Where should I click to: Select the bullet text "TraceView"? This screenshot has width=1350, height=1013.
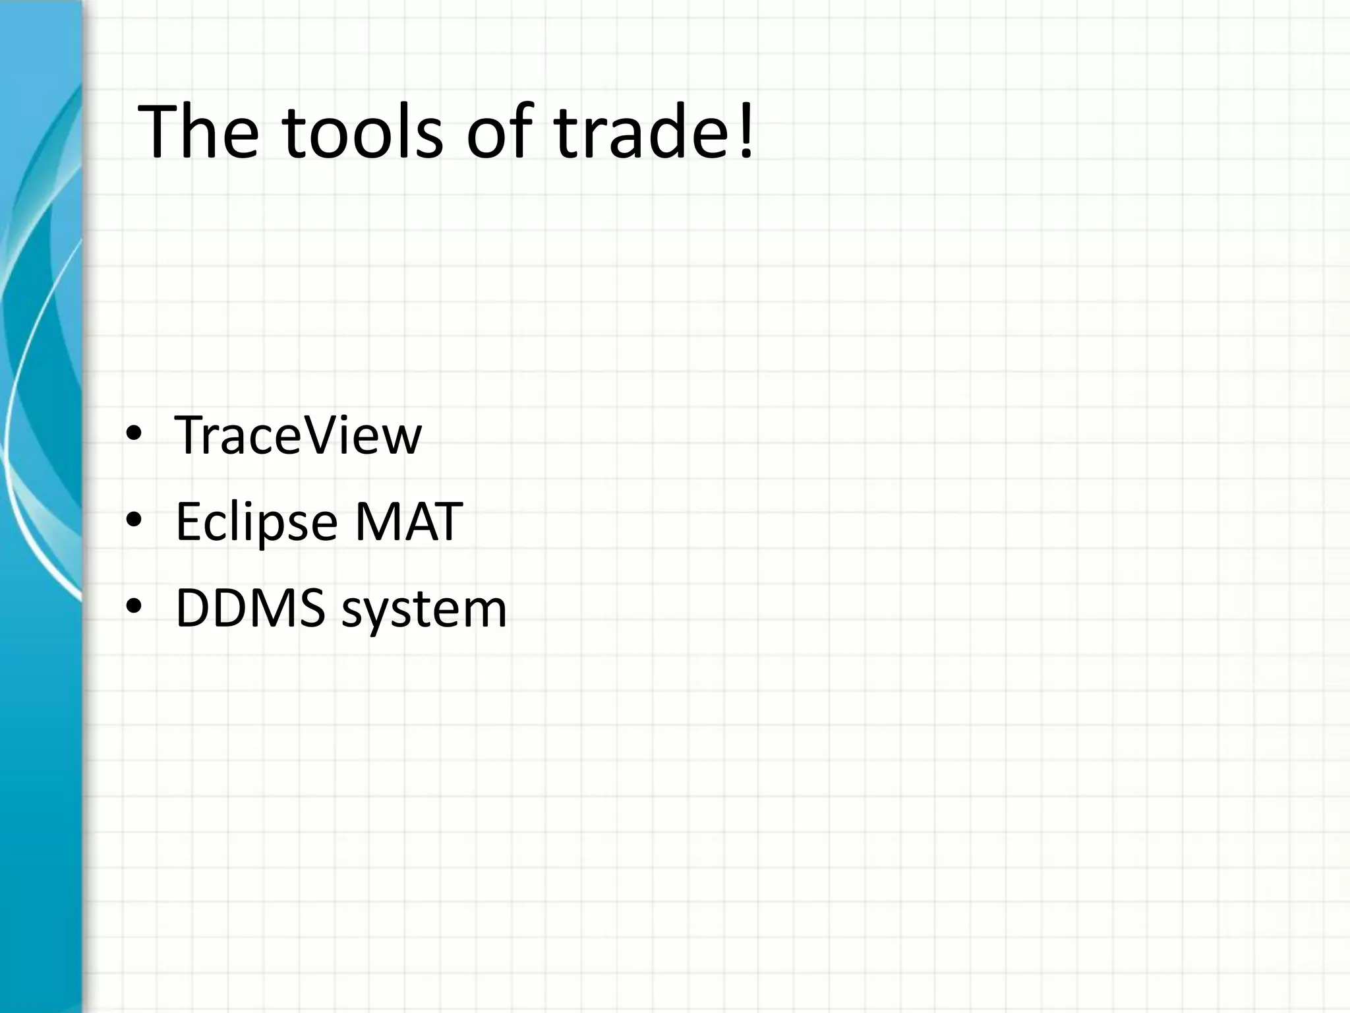pyautogui.click(x=297, y=435)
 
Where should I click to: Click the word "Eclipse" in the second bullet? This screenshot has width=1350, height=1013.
pyautogui.click(x=256, y=522)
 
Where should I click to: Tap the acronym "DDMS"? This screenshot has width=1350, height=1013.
pyautogui.click(x=250, y=608)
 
